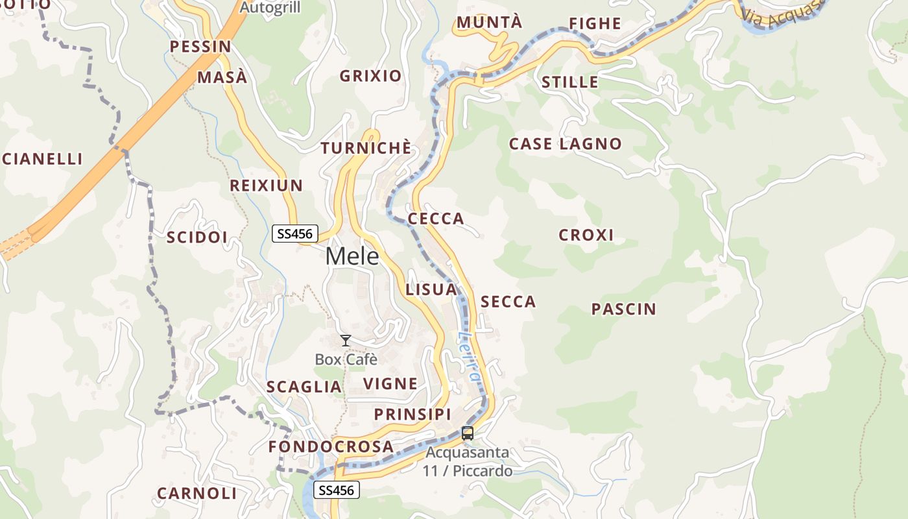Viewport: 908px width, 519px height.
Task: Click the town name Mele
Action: click(x=352, y=256)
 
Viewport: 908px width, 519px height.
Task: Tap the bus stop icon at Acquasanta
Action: click(x=467, y=433)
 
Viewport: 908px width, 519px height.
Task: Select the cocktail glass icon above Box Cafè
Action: click(x=346, y=340)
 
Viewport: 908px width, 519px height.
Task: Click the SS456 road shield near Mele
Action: click(x=294, y=234)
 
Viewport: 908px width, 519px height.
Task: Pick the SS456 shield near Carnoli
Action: click(x=337, y=490)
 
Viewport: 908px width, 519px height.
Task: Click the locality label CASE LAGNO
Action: click(x=565, y=144)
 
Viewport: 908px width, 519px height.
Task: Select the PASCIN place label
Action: click(x=623, y=309)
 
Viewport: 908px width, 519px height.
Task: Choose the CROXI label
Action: click(x=586, y=235)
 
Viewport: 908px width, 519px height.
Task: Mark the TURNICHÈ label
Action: click(x=366, y=149)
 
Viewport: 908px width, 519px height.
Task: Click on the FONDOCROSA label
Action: click(x=331, y=447)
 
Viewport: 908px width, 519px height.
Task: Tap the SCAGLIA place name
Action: click(x=304, y=387)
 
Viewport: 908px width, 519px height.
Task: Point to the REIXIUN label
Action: click(x=266, y=186)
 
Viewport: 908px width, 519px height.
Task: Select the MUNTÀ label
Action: click(x=489, y=23)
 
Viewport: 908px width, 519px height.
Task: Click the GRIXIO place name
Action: click(x=371, y=77)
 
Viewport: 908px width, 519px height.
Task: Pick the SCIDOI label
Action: click(x=197, y=237)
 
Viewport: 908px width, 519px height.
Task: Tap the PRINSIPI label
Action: click(x=412, y=415)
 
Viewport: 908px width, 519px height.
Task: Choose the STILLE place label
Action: click(x=569, y=82)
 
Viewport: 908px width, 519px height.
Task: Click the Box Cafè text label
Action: click(x=346, y=359)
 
